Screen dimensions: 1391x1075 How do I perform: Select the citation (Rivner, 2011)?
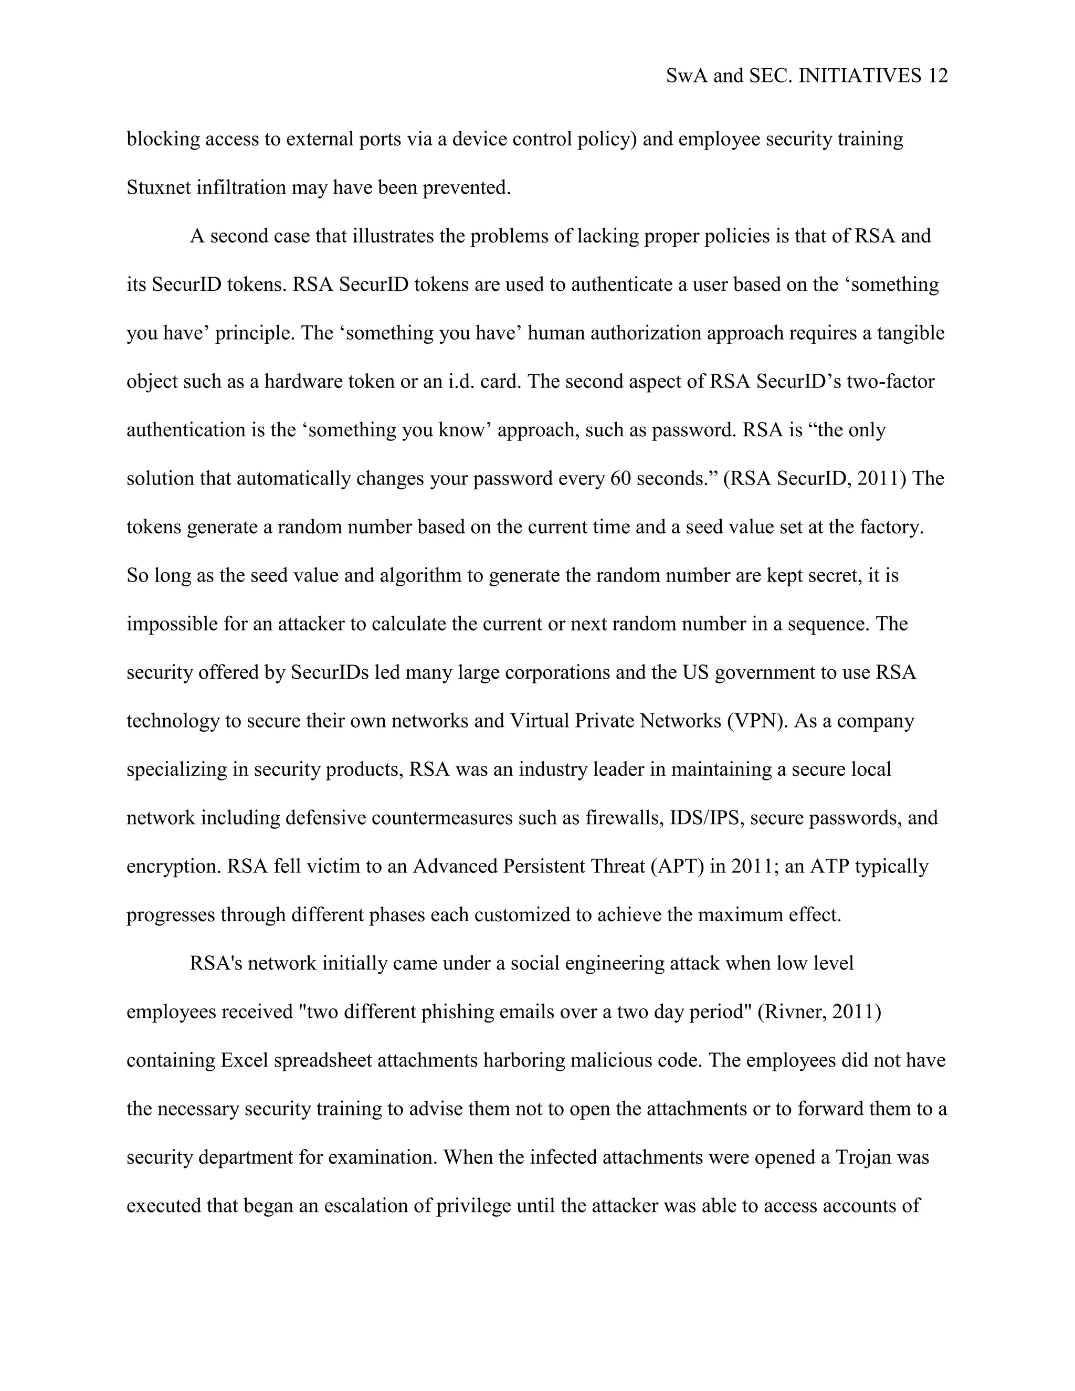pos(819,1012)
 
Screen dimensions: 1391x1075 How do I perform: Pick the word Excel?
pos(243,1060)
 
